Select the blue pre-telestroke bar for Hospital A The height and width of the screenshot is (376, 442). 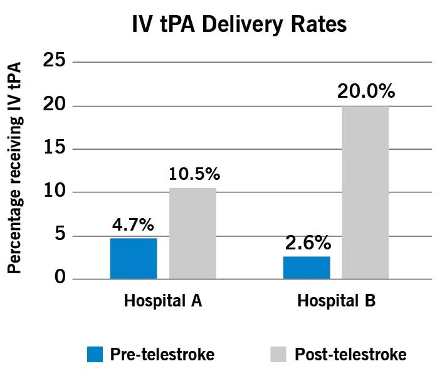[x=134, y=258]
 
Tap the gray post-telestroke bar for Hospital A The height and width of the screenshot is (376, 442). [x=192, y=233]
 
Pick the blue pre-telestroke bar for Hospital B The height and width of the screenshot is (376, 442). [x=307, y=268]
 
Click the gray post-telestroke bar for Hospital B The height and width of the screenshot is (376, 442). [x=366, y=192]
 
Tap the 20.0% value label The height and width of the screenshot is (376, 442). [x=366, y=92]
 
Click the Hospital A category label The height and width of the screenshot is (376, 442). [x=163, y=301]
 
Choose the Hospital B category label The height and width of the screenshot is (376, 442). [x=336, y=301]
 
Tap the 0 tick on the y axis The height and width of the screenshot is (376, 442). [x=60, y=278]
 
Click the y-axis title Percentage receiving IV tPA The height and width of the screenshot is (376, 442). [x=15, y=167]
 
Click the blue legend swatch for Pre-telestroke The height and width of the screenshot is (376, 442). [x=95, y=355]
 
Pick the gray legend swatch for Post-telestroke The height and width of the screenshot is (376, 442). [x=279, y=355]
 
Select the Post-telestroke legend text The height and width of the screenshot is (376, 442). [x=350, y=355]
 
